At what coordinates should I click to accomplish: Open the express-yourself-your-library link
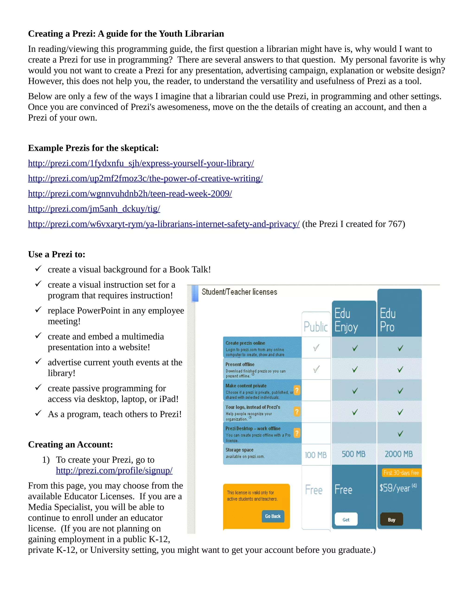141,163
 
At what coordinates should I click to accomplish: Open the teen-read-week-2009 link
130,194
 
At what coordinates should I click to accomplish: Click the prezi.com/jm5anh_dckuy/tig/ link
94,209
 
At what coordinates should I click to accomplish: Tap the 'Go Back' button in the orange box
273,516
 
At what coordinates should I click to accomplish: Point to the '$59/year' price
395,488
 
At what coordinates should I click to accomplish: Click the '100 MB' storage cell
315,455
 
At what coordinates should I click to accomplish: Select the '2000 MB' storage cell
398,454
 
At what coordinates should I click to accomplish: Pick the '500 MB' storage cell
353,454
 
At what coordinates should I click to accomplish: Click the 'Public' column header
315,327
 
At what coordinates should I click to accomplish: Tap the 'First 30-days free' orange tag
401,473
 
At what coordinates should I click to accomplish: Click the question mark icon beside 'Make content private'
297,390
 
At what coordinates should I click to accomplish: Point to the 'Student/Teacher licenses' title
239,292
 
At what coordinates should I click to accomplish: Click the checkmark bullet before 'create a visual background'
38,269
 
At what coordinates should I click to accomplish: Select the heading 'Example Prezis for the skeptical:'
93,148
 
